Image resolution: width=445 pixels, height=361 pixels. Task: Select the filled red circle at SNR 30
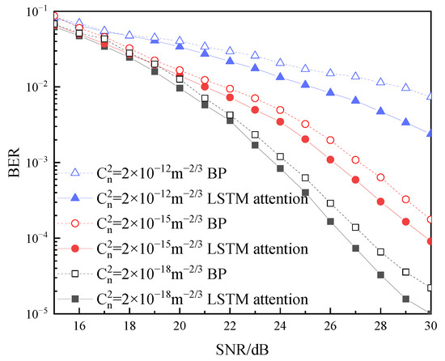click(x=430, y=241)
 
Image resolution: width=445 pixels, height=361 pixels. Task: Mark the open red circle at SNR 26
click(x=330, y=140)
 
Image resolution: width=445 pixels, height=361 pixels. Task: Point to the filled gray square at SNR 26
click(x=330, y=221)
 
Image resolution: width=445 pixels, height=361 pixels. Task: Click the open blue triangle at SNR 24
click(x=280, y=62)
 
